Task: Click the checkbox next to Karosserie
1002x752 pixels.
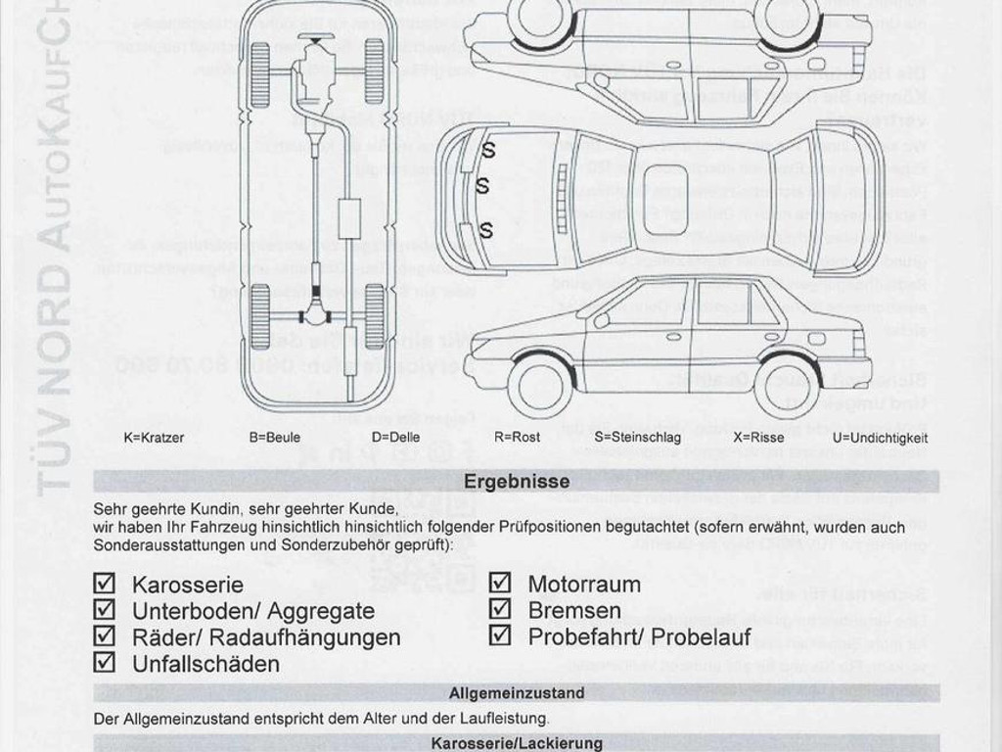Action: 104,585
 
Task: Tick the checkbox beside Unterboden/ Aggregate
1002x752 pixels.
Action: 104,610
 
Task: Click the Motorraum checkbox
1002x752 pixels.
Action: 500,584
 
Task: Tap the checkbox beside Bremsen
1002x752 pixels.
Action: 500,609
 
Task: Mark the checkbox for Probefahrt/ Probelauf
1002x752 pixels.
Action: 500,635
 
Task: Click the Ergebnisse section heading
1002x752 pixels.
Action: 517,482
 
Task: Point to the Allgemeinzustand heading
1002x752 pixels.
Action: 517,693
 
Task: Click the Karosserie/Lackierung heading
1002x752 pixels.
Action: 517,743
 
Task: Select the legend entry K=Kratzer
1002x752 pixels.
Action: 154,438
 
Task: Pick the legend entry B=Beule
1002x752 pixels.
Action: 275,438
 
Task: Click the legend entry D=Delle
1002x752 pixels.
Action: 395,438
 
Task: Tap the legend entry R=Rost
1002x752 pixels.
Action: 517,438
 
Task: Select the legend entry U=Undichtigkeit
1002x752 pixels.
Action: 880,438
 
